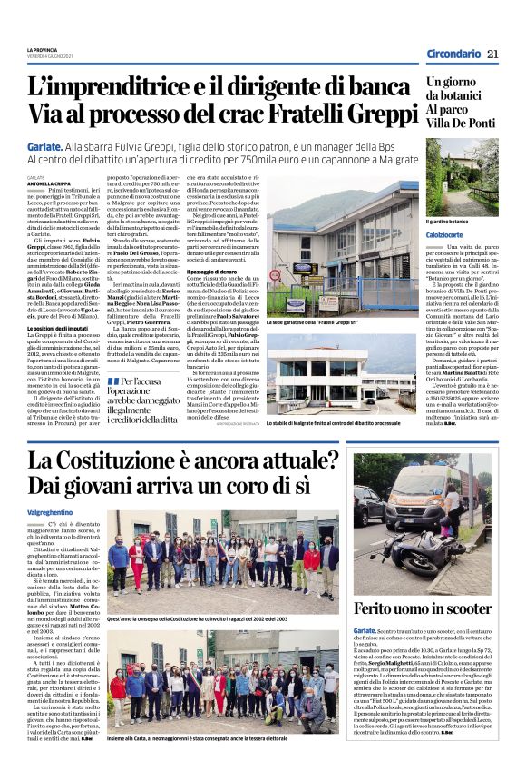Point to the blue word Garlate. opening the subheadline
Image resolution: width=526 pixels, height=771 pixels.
[x=45, y=144]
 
